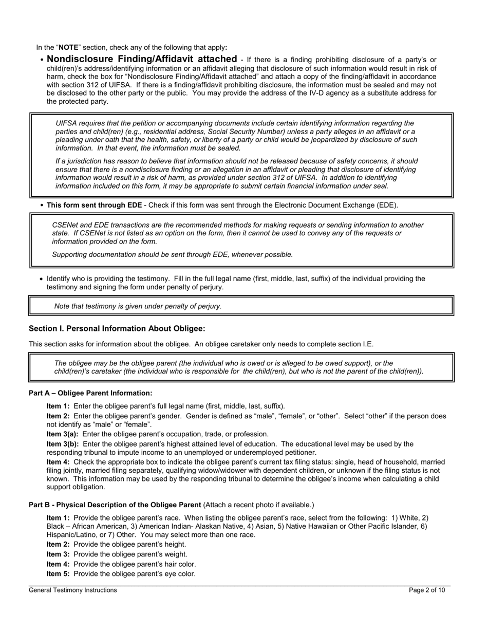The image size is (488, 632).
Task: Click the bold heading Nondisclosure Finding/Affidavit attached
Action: tap(142, 59)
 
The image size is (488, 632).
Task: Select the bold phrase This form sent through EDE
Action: tap(94, 205)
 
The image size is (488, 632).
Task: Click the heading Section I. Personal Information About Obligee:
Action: tap(117, 329)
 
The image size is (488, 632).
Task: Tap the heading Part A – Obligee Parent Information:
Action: tap(90, 393)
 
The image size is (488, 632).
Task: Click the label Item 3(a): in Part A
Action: tap(63, 434)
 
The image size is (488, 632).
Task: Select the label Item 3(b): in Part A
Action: tap(63, 444)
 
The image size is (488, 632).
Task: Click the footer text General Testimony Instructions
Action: tap(72, 590)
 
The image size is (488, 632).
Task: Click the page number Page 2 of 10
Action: tap(427, 590)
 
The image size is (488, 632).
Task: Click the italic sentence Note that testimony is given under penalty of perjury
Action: tap(138, 306)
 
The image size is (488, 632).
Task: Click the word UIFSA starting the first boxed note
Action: tap(66, 123)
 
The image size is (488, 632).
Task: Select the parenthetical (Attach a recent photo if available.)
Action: tap(258, 505)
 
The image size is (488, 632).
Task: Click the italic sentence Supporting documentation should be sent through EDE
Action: tap(172, 254)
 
